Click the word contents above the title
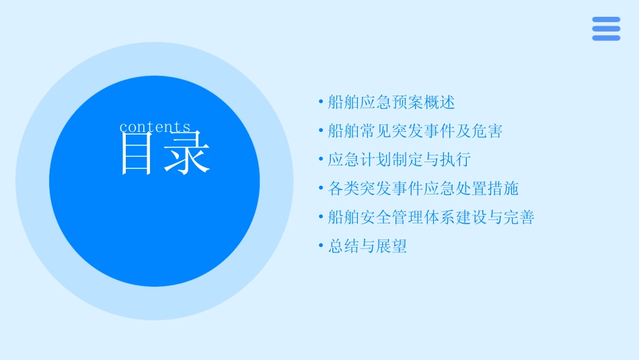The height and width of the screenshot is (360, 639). pos(155,127)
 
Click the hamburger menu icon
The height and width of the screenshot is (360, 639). pos(606,29)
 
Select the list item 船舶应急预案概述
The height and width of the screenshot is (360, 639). pos(391,102)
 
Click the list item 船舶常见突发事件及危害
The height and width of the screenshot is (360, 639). pos(415,131)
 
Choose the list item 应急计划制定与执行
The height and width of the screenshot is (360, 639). pos(399,160)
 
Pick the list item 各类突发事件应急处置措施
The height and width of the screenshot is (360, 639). pos(423,189)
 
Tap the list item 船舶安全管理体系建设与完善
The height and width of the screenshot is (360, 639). pos(431,218)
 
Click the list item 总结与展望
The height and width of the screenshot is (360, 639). pos(367,247)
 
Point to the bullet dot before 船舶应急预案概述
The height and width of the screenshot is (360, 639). pos(321,102)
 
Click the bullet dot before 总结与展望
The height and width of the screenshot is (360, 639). pos(321,247)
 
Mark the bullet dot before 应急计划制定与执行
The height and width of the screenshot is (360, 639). pos(321,160)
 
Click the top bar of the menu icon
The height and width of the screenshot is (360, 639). pos(606,20)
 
